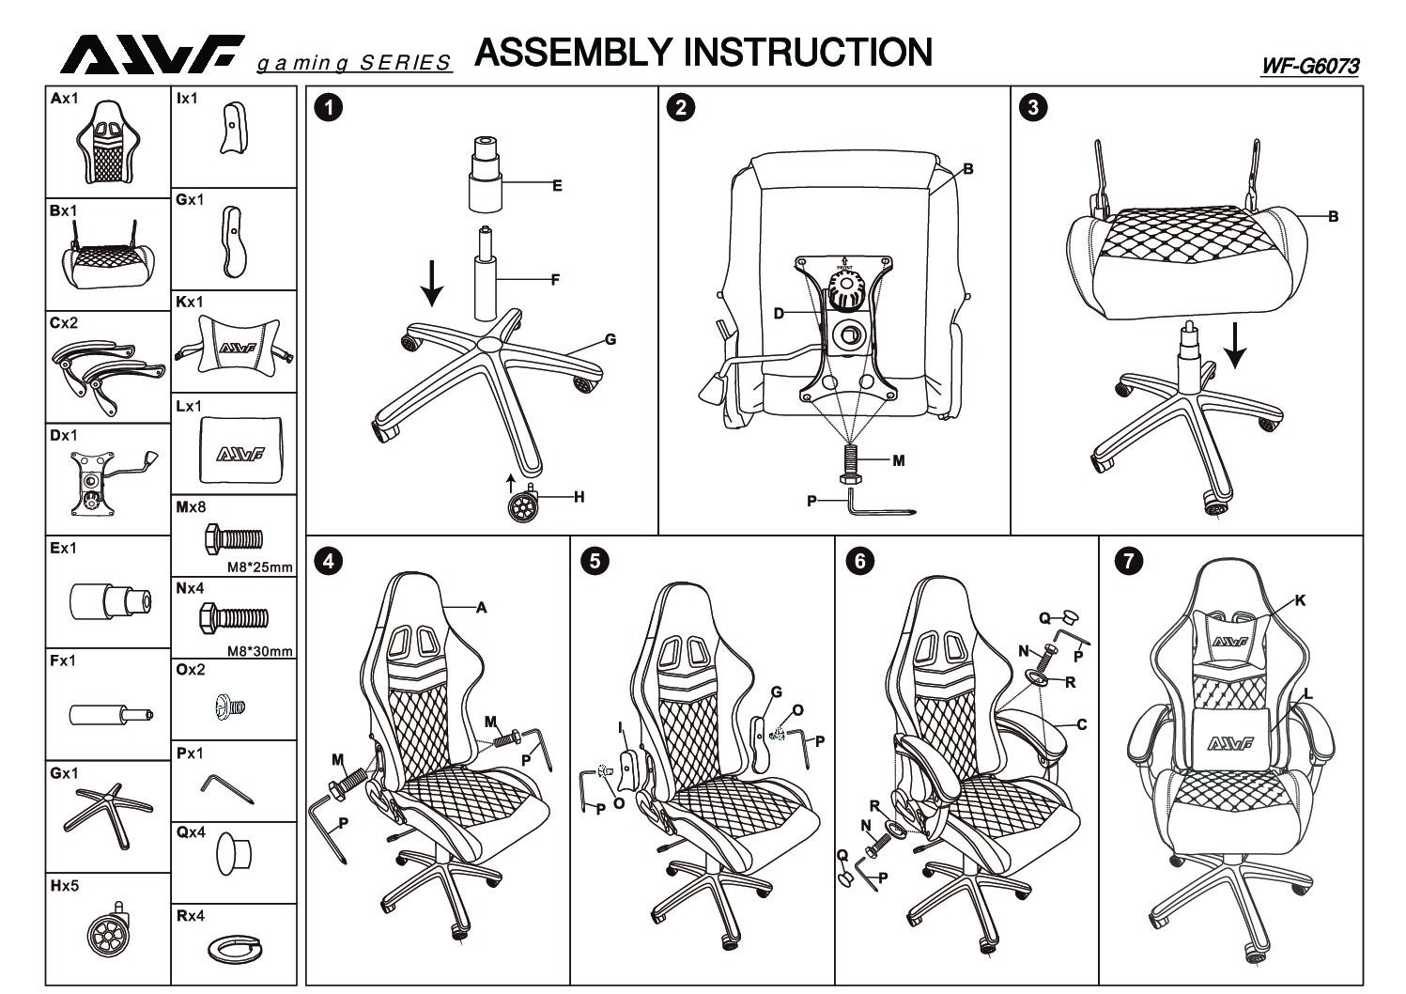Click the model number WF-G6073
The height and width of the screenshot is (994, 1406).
[1310, 66]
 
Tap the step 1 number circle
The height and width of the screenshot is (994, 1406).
[328, 107]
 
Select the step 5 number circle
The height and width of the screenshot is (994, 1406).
[595, 561]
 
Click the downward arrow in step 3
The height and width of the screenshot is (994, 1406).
[1235, 345]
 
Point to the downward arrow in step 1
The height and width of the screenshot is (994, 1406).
[431, 282]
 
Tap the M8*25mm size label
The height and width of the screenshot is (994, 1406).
[260, 567]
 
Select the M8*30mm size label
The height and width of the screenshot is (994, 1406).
[260, 651]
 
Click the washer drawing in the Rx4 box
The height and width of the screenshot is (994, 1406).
[233, 950]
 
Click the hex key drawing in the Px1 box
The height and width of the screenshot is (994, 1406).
[228, 787]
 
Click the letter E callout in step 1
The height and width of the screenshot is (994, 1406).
[557, 186]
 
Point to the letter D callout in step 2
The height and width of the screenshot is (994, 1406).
[779, 313]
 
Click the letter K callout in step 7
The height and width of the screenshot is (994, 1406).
[1300, 600]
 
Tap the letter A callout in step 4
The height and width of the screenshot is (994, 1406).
[482, 608]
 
